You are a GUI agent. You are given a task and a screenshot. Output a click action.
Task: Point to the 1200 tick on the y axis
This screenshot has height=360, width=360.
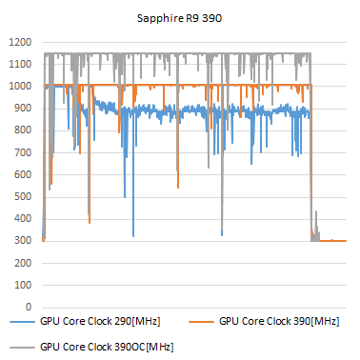click(21, 43)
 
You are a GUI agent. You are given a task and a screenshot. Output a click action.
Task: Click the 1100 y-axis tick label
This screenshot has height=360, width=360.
click(21, 65)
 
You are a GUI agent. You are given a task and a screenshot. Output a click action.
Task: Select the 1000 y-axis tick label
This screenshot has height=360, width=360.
click(21, 87)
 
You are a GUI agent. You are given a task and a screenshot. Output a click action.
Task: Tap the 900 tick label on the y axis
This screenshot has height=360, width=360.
click(24, 109)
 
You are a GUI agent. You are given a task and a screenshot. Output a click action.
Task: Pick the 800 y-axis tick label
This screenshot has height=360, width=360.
click(24, 130)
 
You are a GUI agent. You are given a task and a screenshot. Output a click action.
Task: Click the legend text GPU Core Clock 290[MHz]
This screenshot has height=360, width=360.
click(98, 325)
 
